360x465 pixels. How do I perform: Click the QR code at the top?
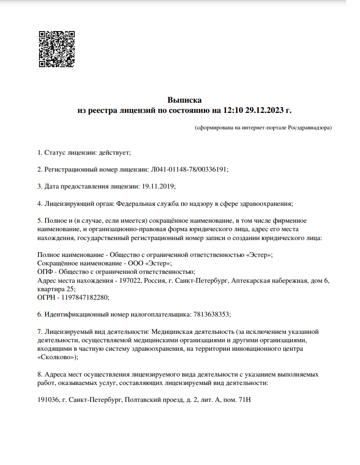pos(56,49)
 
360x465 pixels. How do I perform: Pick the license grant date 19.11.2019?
pos(158,186)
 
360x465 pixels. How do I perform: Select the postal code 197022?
pos(129,281)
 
